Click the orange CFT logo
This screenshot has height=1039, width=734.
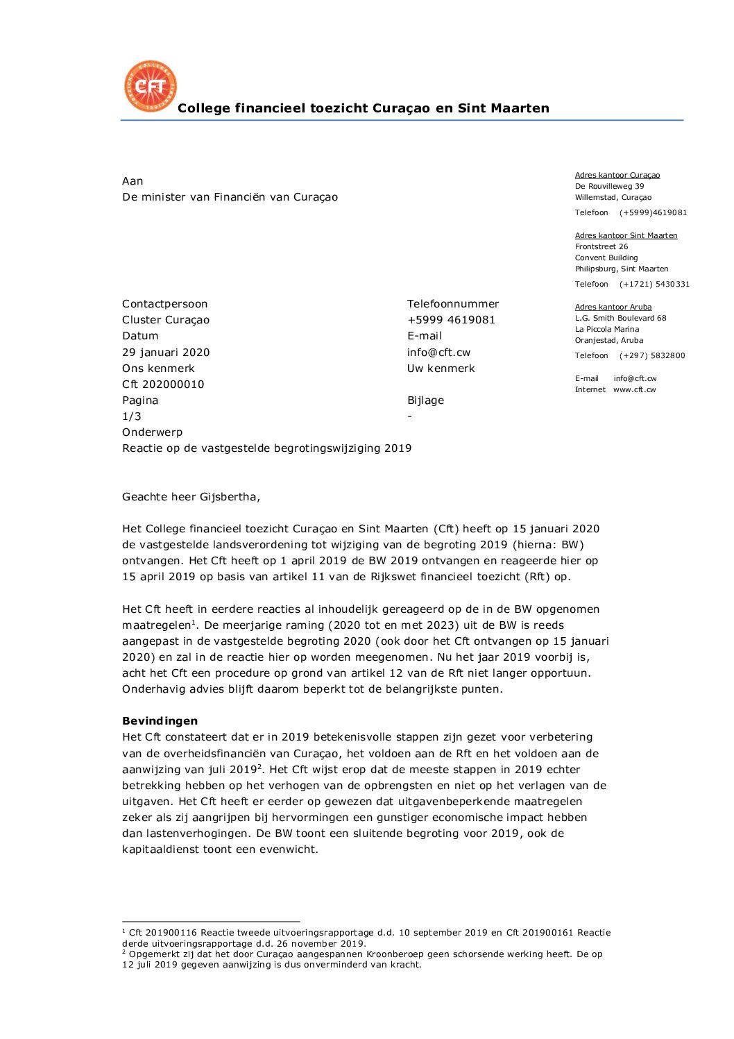point(151,86)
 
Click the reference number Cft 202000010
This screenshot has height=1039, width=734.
point(163,385)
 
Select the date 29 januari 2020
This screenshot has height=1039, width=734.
point(166,353)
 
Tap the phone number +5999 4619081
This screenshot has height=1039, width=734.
point(451,320)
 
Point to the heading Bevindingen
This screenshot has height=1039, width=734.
point(160,721)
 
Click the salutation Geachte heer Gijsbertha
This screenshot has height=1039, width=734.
point(191,497)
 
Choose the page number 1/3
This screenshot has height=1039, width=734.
point(132,416)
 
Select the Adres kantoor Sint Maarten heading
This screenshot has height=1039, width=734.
point(626,235)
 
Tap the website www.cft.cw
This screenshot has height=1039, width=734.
point(634,389)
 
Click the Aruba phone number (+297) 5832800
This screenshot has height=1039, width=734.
point(652,355)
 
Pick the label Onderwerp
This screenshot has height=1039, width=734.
point(152,432)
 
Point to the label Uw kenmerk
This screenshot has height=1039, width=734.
point(441,369)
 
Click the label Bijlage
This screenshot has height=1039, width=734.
point(425,400)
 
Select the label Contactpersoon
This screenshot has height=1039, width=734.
point(164,304)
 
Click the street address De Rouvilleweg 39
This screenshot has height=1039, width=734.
point(609,186)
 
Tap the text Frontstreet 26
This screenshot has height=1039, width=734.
point(601,246)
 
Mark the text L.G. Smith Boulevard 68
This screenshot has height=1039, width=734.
point(620,318)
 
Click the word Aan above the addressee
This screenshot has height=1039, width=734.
point(133,181)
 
